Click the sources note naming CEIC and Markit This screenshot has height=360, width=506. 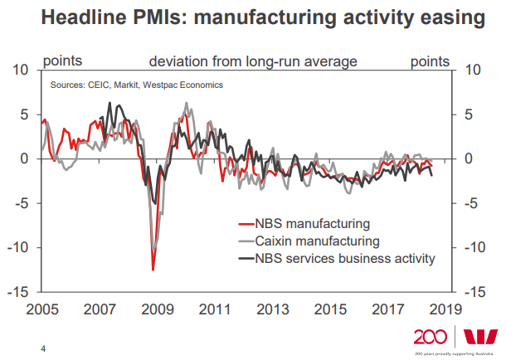coord(137,85)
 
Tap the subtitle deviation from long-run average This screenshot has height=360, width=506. coord(253,61)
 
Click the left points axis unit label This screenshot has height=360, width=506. coord(62,61)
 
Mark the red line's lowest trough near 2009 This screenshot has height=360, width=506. coord(153,270)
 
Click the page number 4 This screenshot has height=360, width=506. coord(43,348)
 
